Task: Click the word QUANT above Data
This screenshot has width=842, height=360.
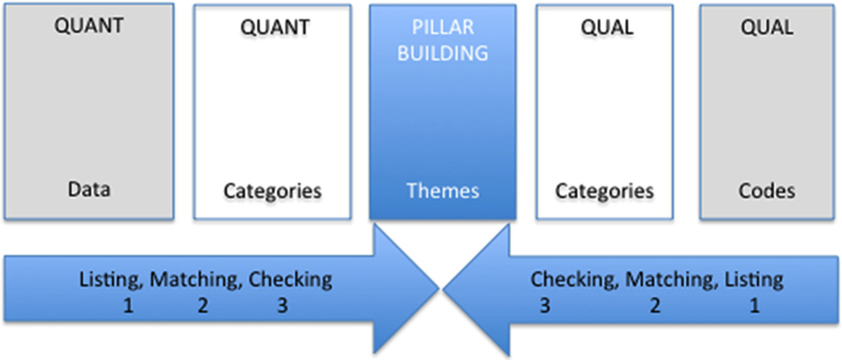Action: [x=89, y=26]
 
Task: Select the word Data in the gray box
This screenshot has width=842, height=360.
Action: [x=89, y=190]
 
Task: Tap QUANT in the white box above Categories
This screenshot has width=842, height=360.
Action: [x=274, y=27]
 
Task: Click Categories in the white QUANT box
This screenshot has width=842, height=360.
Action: [x=273, y=191]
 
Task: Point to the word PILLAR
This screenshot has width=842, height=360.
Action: [x=443, y=27]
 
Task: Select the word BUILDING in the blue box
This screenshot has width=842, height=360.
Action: [x=443, y=53]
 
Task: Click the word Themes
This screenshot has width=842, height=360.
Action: [x=443, y=191]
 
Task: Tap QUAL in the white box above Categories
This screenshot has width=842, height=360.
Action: [x=606, y=27]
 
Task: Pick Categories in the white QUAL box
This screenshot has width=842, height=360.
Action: [x=605, y=191]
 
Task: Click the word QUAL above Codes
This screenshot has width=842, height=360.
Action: [x=767, y=27]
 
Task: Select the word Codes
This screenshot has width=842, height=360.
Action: [x=767, y=191]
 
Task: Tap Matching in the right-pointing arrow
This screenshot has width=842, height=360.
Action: [x=196, y=280]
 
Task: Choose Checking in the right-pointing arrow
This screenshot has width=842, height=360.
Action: [x=290, y=280]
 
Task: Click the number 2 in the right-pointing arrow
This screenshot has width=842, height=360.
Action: [x=203, y=306]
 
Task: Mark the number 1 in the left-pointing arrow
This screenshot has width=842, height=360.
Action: [x=754, y=306]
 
